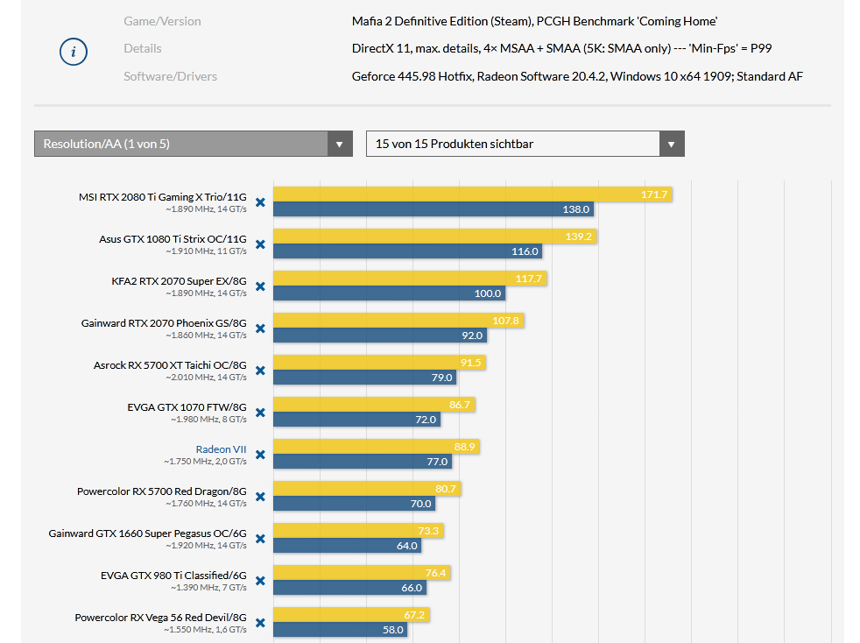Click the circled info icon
tap(73, 52)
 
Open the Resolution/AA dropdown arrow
tap(340, 144)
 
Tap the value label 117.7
tap(529, 279)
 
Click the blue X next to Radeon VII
tap(260, 455)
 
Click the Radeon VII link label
tap(221, 449)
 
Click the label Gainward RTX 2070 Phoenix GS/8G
tap(164, 322)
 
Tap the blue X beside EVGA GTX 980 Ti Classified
tap(260, 581)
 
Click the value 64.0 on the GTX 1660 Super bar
tap(407, 546)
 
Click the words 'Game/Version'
tap(162, 21)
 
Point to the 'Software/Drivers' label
tap(170, 76)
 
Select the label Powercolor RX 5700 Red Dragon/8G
tap(161, 491)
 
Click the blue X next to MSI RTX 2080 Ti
tap(260, 202)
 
